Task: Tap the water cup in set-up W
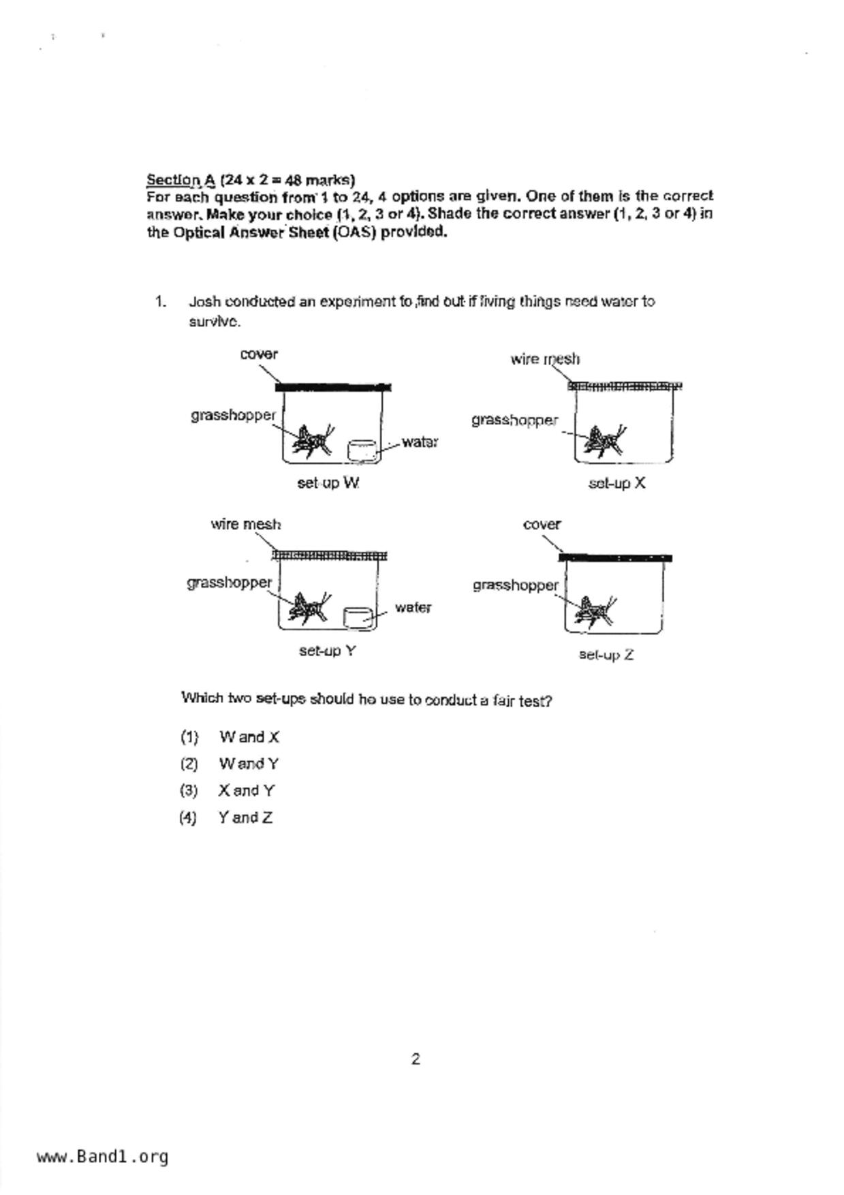pos(362,450)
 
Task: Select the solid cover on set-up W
pos(333,388)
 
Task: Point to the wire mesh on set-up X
pos(625,386)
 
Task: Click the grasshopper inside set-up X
pos(606,442)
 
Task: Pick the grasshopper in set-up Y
pos(307,608)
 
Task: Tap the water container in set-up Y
pos(358,617)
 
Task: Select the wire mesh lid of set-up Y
pos(330,555)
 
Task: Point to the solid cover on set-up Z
pos(615,558)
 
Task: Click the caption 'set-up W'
pos(328,483)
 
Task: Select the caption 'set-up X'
pos(616,483)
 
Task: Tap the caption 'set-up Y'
pos(328,651)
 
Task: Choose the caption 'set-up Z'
pos(606,655)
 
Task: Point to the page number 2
pos(416,1059)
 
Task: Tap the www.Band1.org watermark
pos(103,1156)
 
